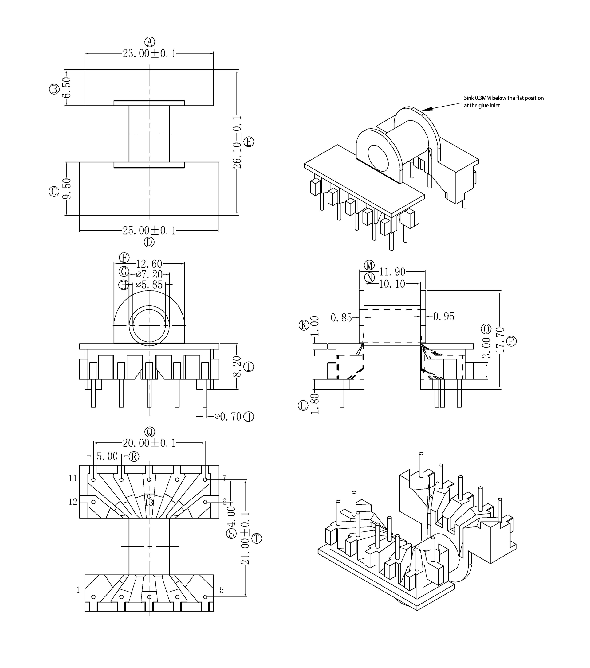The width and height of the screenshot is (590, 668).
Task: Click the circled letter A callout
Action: point(149,42)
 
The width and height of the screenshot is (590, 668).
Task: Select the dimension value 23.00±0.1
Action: point(149,54)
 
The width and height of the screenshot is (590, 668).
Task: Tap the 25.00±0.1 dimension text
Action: point(149,231)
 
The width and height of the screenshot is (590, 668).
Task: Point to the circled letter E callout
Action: point(249,142)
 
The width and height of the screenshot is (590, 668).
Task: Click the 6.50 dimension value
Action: point(66,88)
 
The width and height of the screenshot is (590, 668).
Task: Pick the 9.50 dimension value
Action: point(66,188)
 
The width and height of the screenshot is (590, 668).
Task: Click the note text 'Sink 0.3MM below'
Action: point(485,98)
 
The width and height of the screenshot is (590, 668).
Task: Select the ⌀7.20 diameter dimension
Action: point(149,274)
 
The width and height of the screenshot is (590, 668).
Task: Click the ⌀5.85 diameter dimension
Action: point(149,285)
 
